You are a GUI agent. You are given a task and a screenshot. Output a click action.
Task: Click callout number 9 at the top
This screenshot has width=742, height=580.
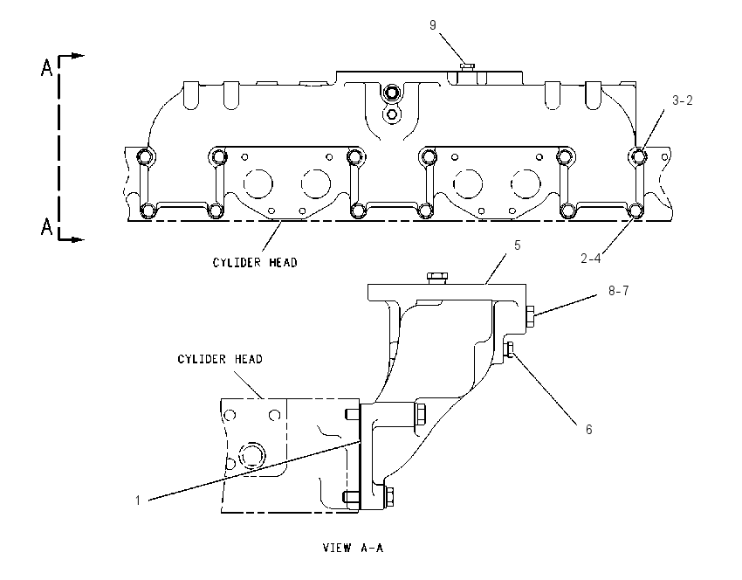point(432,25)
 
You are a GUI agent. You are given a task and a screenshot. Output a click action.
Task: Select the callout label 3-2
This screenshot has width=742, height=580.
point(683,100)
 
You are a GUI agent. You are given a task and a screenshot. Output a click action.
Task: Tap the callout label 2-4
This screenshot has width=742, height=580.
point(591,258)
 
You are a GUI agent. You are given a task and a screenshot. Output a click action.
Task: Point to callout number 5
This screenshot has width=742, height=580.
point(518,245)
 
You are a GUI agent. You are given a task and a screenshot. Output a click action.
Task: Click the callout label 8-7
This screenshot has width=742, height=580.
point(619,291)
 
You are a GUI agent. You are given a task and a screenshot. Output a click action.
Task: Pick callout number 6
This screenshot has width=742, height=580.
point(588,430)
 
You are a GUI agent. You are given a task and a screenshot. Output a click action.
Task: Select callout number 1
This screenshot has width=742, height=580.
point(138,501)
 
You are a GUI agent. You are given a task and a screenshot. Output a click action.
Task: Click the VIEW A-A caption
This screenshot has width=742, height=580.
point(353,548)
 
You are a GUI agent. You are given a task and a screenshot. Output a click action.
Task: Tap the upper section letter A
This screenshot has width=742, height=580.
point(46,68)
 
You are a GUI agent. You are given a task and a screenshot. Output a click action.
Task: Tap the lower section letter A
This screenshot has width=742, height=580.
point(46,227)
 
